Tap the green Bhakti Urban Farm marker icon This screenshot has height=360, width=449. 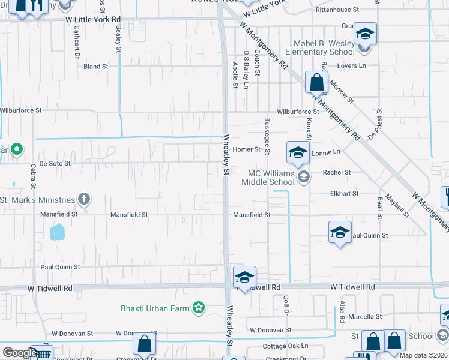click(199, 308)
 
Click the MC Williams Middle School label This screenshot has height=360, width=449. click(268, 178)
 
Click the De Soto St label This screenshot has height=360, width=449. click(55, 163)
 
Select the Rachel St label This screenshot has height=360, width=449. click(337, 172)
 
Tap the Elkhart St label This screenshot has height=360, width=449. click(344, 194)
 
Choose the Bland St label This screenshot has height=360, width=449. click(96, 67)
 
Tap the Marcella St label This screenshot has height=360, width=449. click(365, 316)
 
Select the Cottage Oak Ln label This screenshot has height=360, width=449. click(285, 346)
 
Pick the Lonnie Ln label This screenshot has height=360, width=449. click(326, 152)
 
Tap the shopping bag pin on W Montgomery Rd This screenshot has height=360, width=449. click(316, 82)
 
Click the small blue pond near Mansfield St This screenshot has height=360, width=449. click(57, 232)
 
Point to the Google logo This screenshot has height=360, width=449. click(20, 353)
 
